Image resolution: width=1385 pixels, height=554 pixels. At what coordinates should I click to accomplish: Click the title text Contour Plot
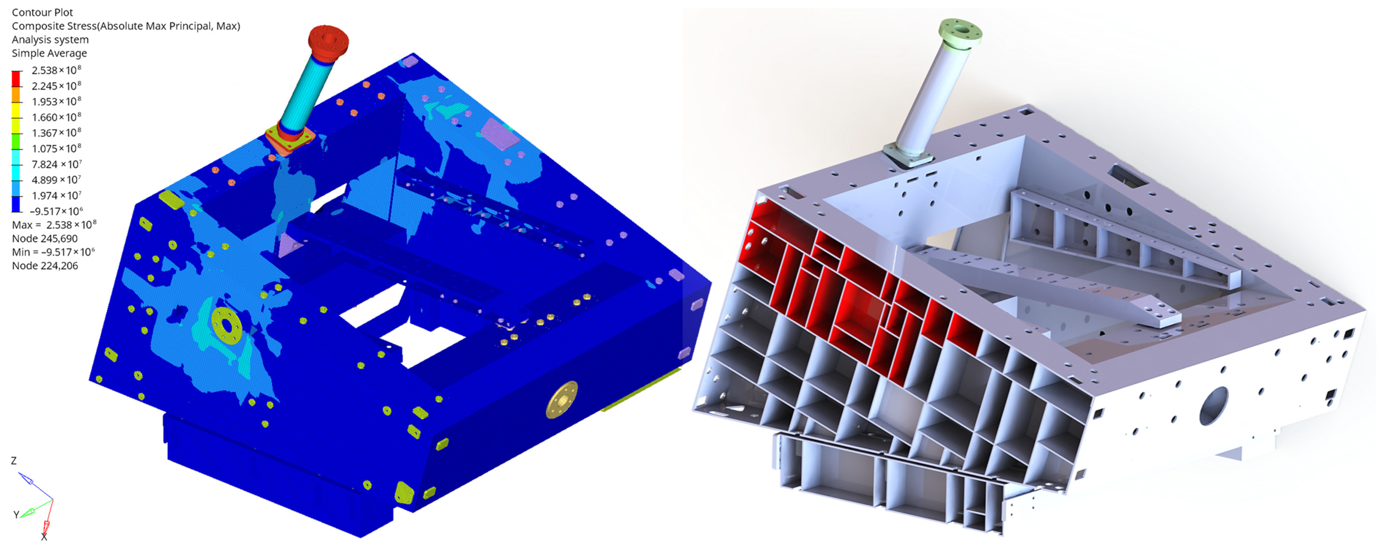pyautogui.click(x=42, y=12)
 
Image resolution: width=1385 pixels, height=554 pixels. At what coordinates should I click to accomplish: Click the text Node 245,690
pyautogui.click(x=45, y=238)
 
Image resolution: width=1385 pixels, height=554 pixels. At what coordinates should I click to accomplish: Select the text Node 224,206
pyautogui.click(x=45, y=266)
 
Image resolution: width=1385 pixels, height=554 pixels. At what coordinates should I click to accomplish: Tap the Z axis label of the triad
pyautogui.click(x=14, y=461)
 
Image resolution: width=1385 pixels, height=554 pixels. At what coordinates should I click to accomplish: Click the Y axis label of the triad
pyautogui.click(x=16, y=515)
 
